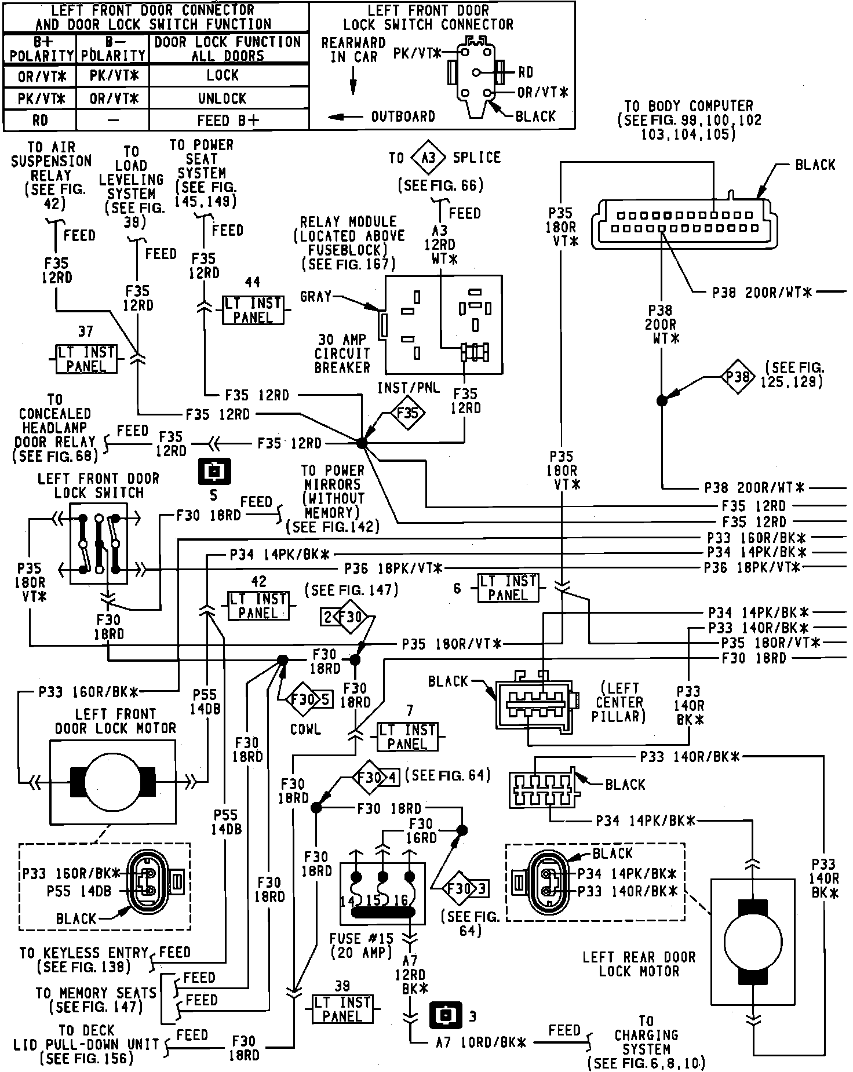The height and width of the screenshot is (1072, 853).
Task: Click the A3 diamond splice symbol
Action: coord(428,158)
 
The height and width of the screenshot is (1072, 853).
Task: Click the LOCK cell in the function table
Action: coord(223,75)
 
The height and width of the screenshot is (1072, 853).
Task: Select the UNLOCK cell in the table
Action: coord(223,98)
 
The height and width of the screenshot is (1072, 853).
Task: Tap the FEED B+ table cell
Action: coord(228,120)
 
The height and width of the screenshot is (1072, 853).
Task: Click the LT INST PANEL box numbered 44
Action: coord(253,311)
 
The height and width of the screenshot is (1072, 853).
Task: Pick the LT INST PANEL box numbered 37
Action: coord(86,359)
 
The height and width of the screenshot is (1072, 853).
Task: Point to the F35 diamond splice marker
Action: coord(407,414)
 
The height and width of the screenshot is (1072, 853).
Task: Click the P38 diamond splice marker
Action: coord(738,378)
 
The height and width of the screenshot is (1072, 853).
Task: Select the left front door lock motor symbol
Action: coord(112,782)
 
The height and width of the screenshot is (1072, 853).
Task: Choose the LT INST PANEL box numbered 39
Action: coord(342,1009)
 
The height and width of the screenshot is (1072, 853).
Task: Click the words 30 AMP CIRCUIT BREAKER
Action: coord(342,353)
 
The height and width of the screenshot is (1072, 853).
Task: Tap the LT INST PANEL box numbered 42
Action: coord(258,606)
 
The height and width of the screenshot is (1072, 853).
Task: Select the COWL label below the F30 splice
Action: coord(305,729)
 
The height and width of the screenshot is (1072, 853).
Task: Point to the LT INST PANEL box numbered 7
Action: coord(407,736)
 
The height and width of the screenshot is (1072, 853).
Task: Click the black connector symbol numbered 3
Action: coord(445,1015)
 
